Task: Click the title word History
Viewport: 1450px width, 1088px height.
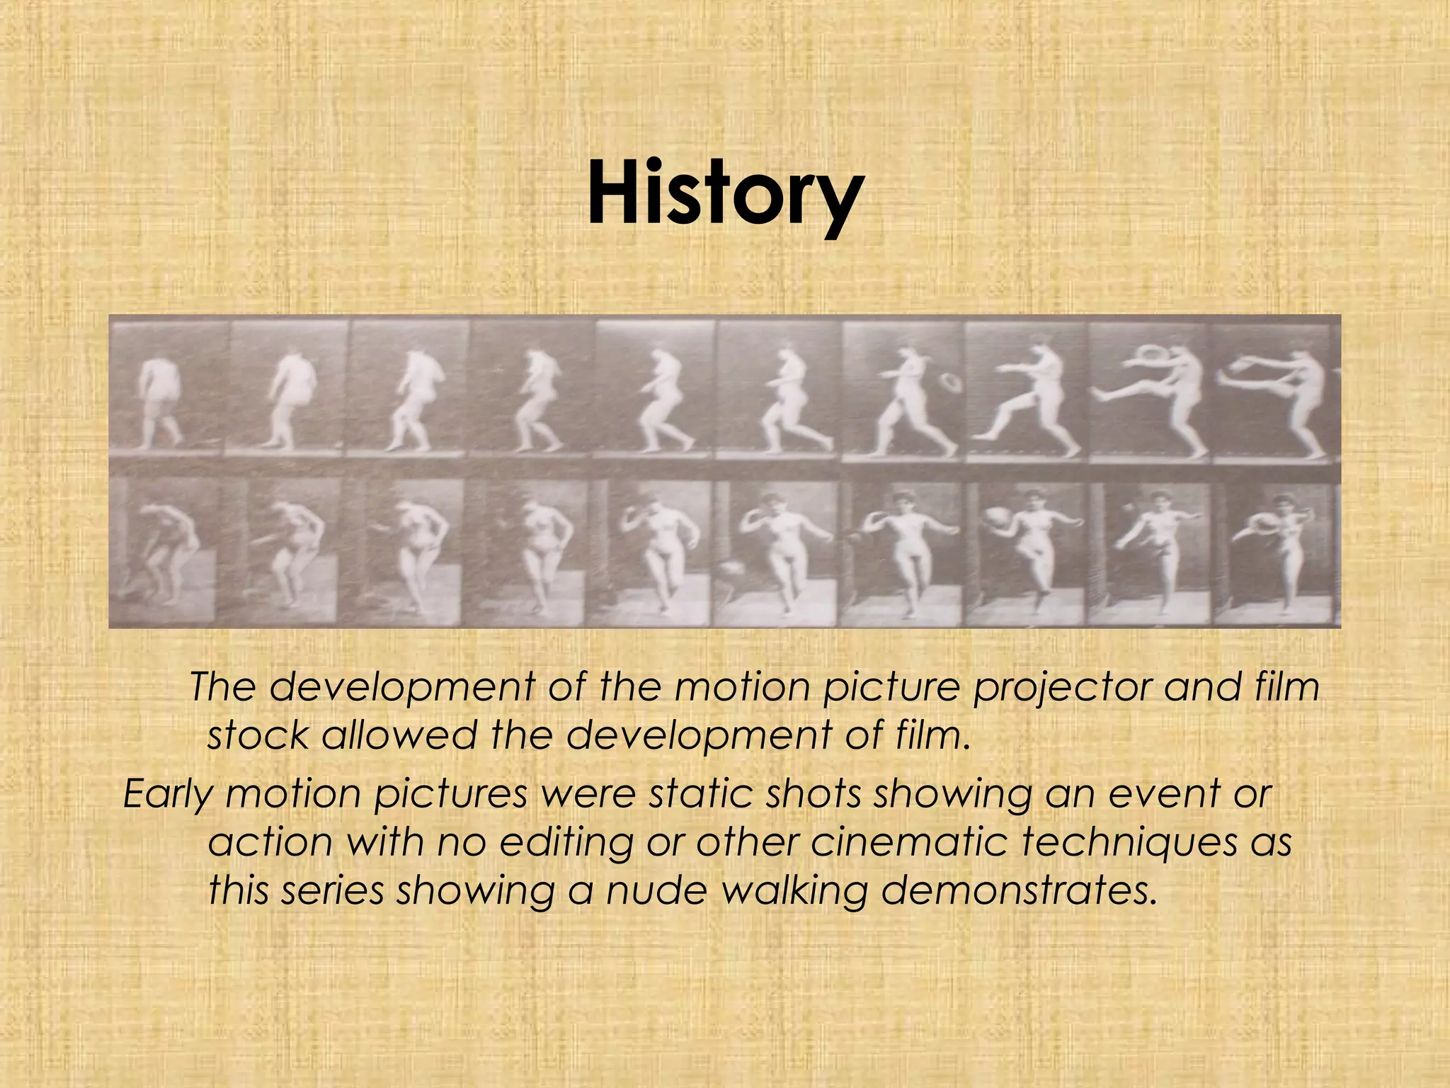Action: point(725,193)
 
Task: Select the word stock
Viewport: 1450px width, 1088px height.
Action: point(258,737)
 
